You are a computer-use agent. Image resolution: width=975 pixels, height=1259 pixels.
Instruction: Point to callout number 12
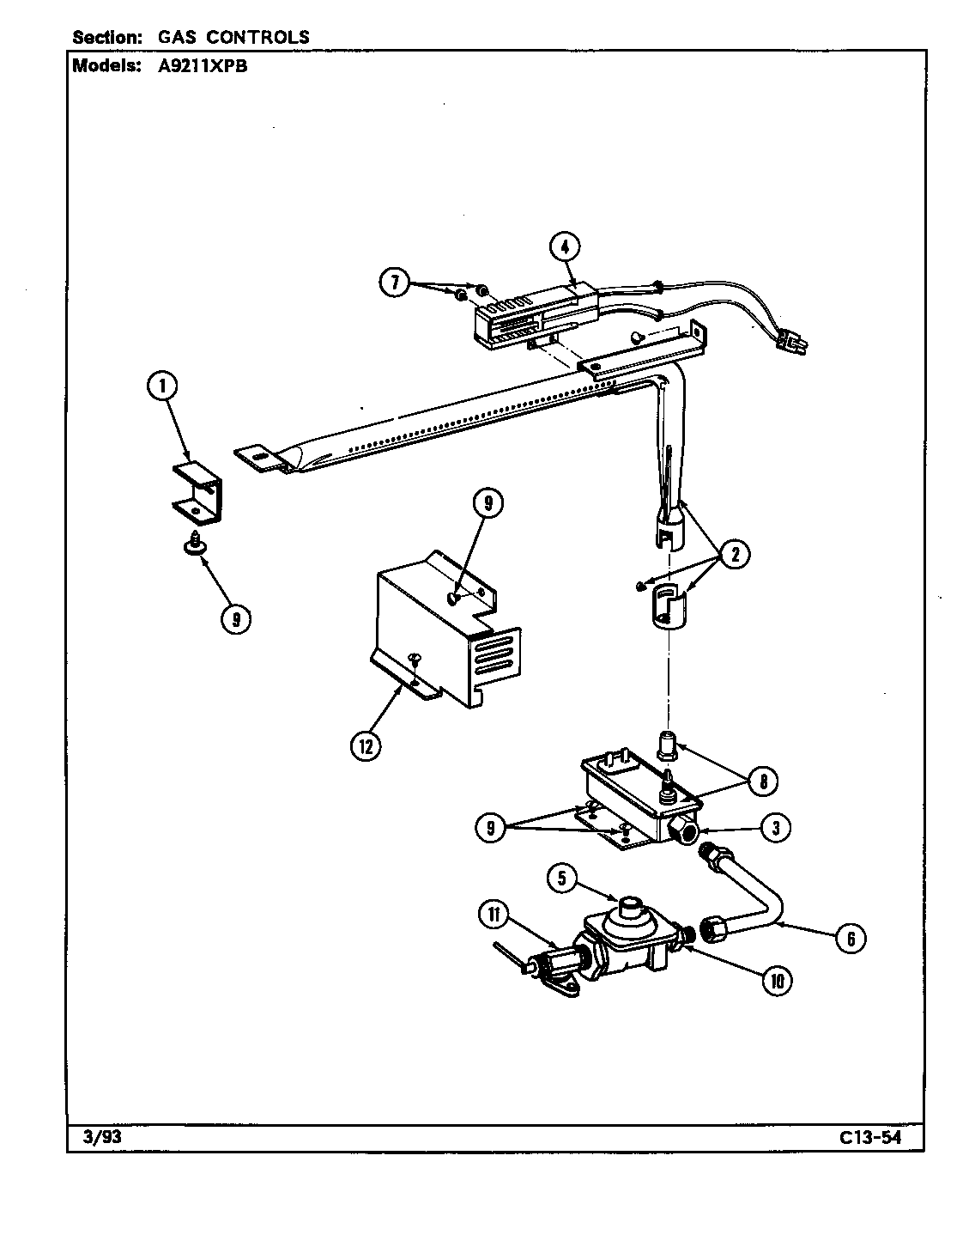tap(366, 745)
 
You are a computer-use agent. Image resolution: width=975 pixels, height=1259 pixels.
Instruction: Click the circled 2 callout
tap(735, 555)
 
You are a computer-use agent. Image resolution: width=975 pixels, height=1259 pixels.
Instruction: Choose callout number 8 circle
tap(763, 781)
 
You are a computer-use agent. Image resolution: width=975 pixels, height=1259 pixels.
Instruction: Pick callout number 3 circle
tap(775, 828)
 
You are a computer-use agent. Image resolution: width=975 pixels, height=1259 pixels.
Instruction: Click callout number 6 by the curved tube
tap(850, 938)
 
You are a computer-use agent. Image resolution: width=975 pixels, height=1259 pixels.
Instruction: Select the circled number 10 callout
tap(777, 981)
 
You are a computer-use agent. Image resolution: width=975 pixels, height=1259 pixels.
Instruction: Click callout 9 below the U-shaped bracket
tap(234, 618)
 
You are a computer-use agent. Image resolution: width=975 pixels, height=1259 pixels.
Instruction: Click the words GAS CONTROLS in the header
tap(233, 38)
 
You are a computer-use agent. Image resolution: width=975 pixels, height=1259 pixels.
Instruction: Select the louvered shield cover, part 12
tap(438, 636)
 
